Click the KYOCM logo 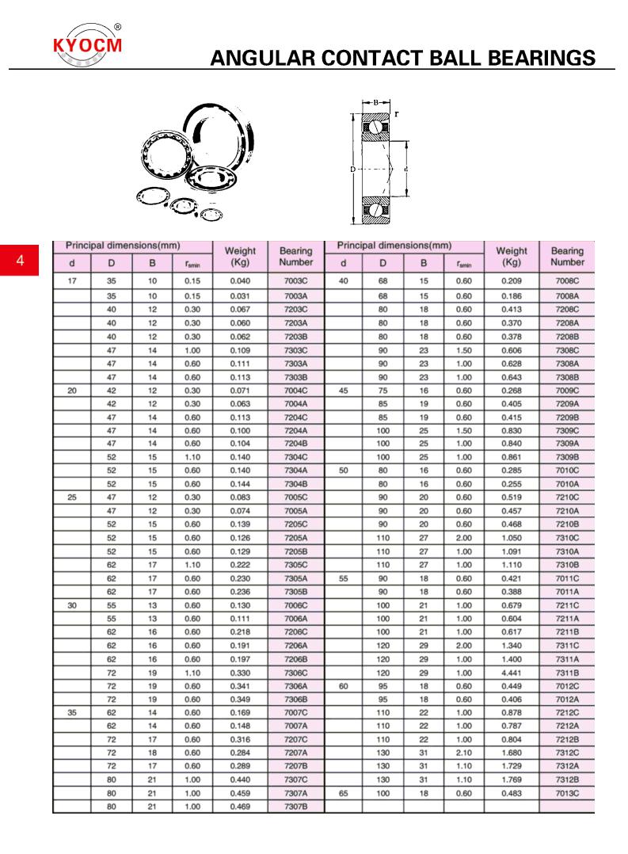[x=87, y=44]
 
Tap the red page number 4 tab [x=20, y=261]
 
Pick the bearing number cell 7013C [x=566, y=793]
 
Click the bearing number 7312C [x=566, y=752]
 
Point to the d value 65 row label [x=344, y=793]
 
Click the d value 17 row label [x=72, y=281]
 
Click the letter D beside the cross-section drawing [x=352, y=169]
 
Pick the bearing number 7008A [x=566, y=295]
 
